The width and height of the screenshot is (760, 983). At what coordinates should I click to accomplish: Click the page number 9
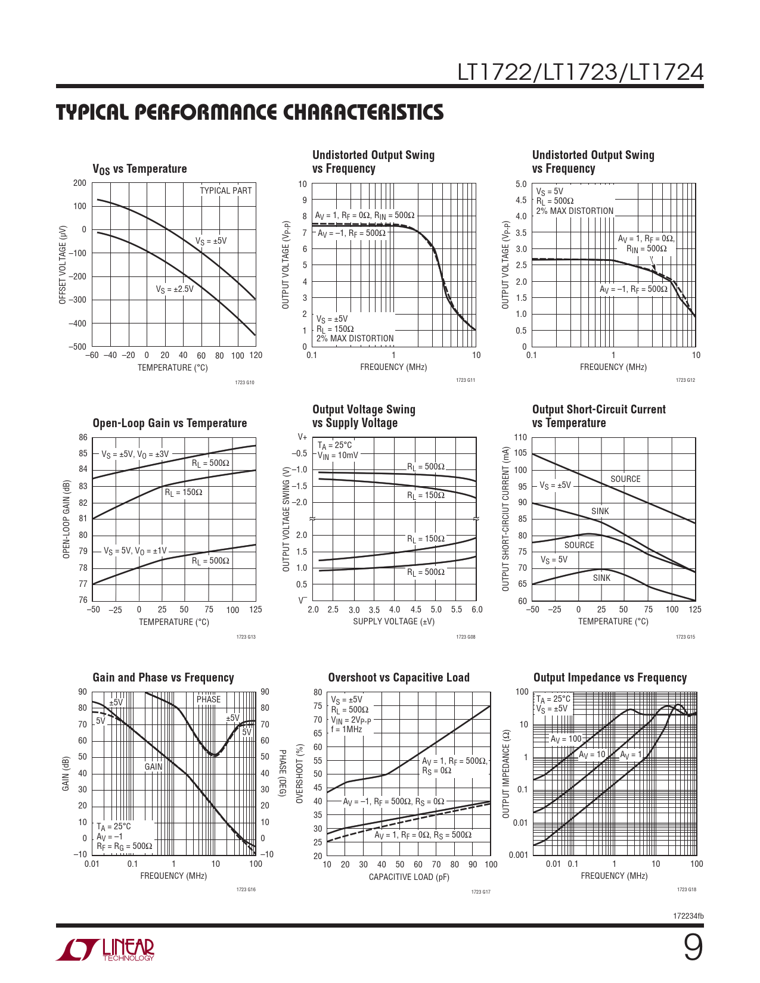692,948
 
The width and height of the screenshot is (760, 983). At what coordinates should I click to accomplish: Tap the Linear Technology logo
106,950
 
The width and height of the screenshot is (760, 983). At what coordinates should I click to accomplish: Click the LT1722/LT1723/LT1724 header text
580,72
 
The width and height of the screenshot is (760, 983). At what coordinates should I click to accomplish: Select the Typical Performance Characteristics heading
250,112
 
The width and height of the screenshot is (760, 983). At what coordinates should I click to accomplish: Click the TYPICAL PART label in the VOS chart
225,191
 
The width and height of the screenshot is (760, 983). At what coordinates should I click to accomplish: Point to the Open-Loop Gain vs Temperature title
169,423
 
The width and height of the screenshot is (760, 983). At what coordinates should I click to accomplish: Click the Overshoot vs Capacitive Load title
399,677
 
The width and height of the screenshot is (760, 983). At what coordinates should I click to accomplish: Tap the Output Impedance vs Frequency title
610,677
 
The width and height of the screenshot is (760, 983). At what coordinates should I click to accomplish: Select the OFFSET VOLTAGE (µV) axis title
63,265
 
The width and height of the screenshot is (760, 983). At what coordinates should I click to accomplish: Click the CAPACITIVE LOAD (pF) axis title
409,877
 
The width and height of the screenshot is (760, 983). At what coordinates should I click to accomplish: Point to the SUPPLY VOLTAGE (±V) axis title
393,621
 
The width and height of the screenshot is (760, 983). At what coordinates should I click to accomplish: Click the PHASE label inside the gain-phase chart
209,699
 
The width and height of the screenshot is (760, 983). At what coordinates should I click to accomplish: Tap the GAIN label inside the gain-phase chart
154,767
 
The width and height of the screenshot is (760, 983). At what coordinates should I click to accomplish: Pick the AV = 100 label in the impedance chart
566,739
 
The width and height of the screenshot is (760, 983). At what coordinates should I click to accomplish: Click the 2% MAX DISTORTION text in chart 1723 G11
355,338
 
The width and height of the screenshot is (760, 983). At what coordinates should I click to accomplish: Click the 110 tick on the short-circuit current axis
520,438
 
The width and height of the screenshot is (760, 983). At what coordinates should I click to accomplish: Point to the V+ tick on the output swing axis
302,437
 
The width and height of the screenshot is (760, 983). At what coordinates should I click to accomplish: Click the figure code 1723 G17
480,892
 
